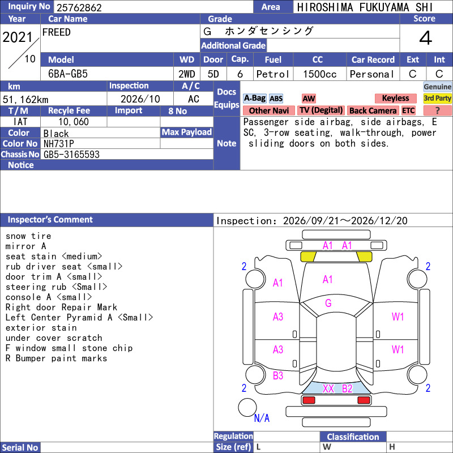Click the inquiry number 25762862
click(x=79, y=7)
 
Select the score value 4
click(x=426, y=38)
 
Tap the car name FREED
click(x=56, y=32)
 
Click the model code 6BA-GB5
click(x=68, y=74)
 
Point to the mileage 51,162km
click(x=25, y=100)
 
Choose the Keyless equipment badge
click(x=395, y=98)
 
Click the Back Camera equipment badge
click(x=373, y=110)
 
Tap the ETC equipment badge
click(x=408, y=110)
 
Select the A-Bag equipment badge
click(x=254, y=98)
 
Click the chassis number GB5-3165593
click(x=71, y=155)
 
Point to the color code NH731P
click(x=59, y=144)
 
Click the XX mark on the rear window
click(x=328, y=388)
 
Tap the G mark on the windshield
click(x=328, y=303)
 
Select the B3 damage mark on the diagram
click(x=278, y=375)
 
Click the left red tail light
click(x=309, y=400)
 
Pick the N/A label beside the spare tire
click(x=262, y=418)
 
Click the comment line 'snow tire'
click(x=28, y=236)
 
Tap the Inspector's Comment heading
click(x=50, y=220)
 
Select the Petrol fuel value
click(x=273, y=74)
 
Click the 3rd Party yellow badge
click(x=437, y=98)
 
